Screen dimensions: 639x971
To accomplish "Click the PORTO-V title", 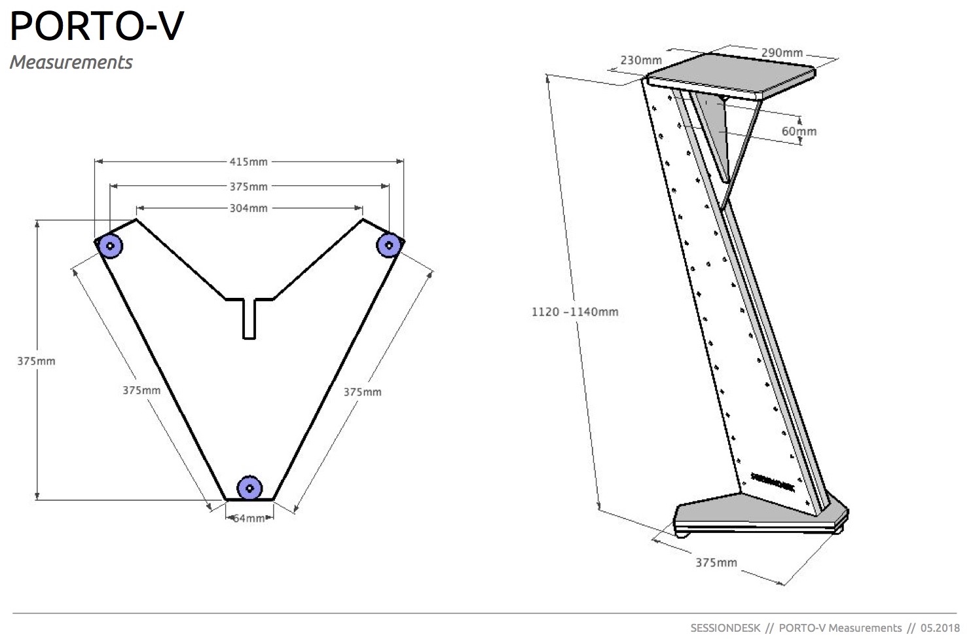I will coord(97,26).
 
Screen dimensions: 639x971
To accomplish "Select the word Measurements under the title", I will coord(71,62).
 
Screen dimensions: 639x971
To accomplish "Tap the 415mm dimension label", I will coord(248,161).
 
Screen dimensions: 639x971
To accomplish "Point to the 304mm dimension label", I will coord(248,208).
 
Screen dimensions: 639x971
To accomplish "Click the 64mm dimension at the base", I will coord(249,518).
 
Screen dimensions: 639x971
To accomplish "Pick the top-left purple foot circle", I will coord(110,246).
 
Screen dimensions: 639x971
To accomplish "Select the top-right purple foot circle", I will coord(389,246).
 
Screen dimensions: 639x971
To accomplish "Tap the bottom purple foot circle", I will coord(249,487).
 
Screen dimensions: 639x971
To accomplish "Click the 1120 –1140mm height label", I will coord(574,312).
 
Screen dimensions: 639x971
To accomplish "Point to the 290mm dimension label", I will coord(782,52).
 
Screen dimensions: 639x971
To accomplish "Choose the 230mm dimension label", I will coord(641,60).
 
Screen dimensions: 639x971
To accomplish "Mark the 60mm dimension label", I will coord(799,131).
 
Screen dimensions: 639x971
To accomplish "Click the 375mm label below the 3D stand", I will coord(716,562).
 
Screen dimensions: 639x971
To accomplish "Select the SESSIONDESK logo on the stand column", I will coord(772,483).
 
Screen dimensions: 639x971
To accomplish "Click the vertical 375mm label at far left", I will coord(36,361).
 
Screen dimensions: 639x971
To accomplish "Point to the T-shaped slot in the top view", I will coord(249,318).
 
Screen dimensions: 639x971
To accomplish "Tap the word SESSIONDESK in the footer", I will coord(725,628).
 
